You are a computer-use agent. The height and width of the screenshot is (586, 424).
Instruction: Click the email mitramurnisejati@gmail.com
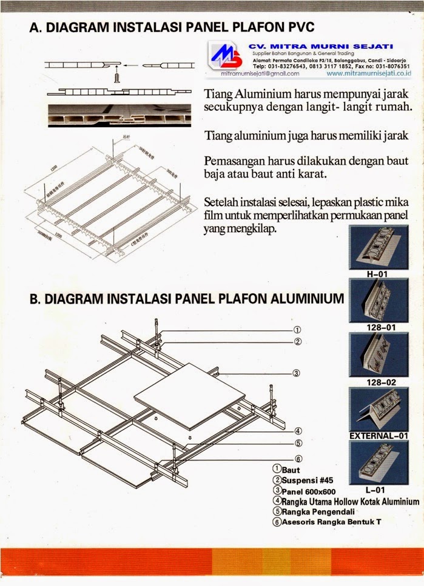260,73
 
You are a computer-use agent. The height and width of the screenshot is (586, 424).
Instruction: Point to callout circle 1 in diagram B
297,330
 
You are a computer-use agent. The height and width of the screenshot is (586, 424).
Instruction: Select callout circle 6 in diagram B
298,459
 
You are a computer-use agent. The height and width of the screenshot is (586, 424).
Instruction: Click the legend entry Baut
290,470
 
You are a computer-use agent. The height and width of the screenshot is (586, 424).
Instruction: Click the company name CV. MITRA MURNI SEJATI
321,46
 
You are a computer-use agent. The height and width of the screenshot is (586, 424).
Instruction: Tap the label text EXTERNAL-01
377,436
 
